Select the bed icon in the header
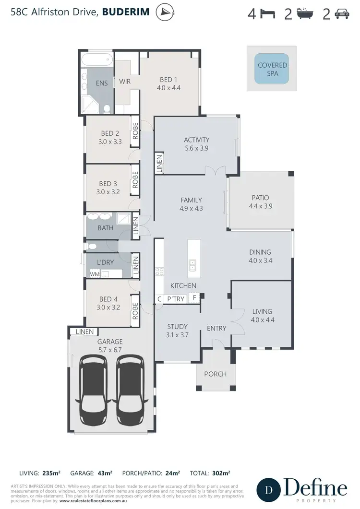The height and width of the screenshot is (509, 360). [x=267, y=14]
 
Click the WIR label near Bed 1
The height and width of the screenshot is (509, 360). [x=125, y=82]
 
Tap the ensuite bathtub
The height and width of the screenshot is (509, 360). [x=98, y=61]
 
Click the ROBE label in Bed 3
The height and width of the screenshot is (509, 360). [x=136, y=179]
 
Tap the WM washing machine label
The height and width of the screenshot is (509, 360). [x=95, y=274]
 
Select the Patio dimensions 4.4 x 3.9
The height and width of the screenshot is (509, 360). [x=260, y=206]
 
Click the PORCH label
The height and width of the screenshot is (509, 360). [x=215, y=374]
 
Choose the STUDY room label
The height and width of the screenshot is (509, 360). [x=177, y=327]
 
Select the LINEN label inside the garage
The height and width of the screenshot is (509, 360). [x=84, y=331]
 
